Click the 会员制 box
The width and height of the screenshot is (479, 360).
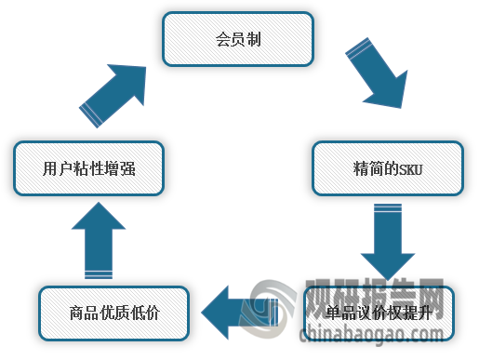point(238,39)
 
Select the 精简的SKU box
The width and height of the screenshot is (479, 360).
point(388,168)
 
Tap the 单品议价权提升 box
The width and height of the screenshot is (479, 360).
point(379,313)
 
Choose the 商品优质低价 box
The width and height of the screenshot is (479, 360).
point(114,313)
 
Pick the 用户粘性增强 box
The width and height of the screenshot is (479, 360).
point(89,168)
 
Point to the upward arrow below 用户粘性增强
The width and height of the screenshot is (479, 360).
point(98,241)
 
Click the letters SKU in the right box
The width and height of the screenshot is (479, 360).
point(410,169)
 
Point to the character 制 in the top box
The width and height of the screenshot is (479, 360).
point(255,40)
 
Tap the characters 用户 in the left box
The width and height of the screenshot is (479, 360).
point(56,169)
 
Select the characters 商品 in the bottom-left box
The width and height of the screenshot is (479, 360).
point(82,313)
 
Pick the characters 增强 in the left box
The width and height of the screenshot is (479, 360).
point(122,169)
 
